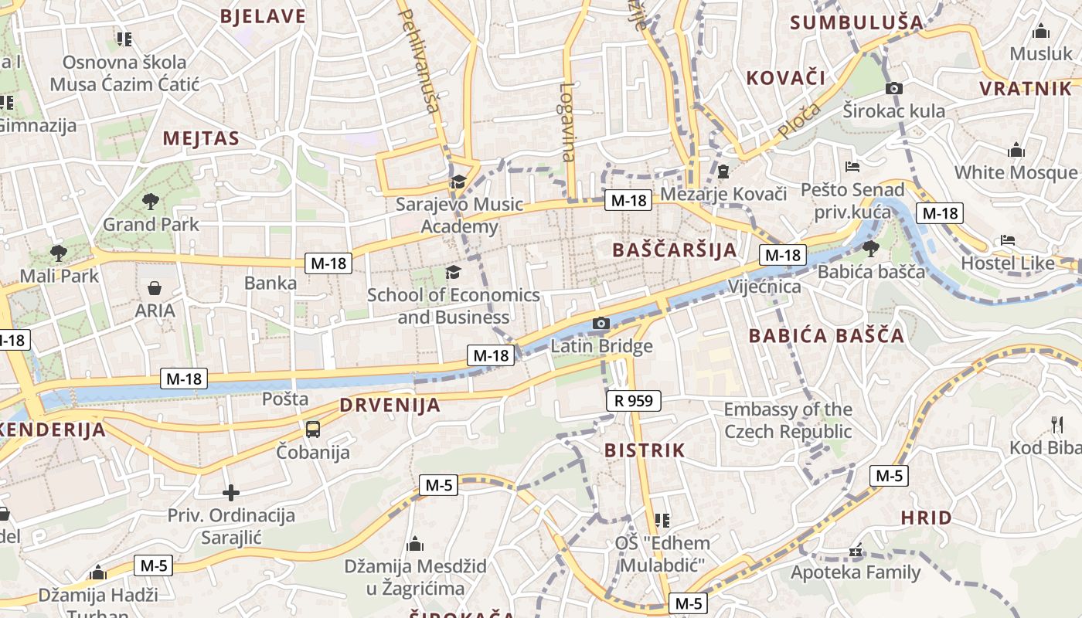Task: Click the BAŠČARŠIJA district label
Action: [674, 250]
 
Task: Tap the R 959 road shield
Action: [633, 400]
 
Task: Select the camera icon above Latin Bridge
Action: [601, 323]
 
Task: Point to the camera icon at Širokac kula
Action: [894, 88]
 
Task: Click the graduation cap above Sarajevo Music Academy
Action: [458, 182]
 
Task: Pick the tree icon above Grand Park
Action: [151, 202]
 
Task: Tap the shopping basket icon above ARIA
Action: [155, 288]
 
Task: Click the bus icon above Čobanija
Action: [313, 429]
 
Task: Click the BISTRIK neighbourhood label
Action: [645, 450]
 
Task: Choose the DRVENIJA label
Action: [390, 405]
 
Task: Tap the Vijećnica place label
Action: [764, 287]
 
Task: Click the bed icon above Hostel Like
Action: [1007, 240]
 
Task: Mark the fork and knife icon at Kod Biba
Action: [1057, 424]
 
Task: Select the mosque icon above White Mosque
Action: [1016, 149]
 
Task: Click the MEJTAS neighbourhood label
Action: [200, 139]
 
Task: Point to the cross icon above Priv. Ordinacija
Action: [230, 492]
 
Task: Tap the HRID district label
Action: [926, 518]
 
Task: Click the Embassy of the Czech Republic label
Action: [788, 420]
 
